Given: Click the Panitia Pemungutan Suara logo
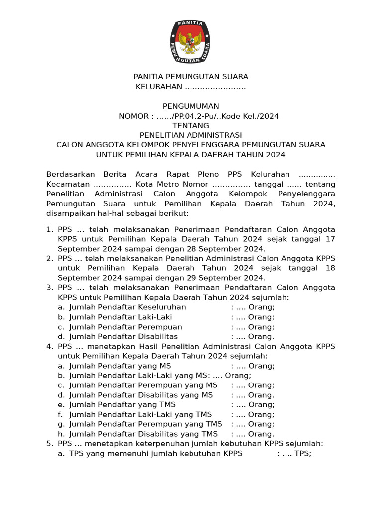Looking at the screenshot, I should (x=191, y=42).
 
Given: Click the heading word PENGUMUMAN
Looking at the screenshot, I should (x=191, y=106).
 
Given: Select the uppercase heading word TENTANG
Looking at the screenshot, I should (x=191, y=126).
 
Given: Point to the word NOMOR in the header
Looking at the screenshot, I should (x=134, y=116).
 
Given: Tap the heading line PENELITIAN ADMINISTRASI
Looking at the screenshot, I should (x=191, y=135).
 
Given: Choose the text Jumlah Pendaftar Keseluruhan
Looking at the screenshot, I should (x=127, y=307).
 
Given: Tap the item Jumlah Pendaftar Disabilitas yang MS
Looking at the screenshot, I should (x=141, y=395).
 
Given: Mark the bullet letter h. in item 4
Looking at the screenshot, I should (x=61, y=434).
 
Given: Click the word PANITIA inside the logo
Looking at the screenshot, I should (x=191, y=23).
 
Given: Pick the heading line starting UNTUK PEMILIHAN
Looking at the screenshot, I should (x=191, y=154).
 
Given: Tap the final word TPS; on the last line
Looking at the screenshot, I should (x=303, y=453).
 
